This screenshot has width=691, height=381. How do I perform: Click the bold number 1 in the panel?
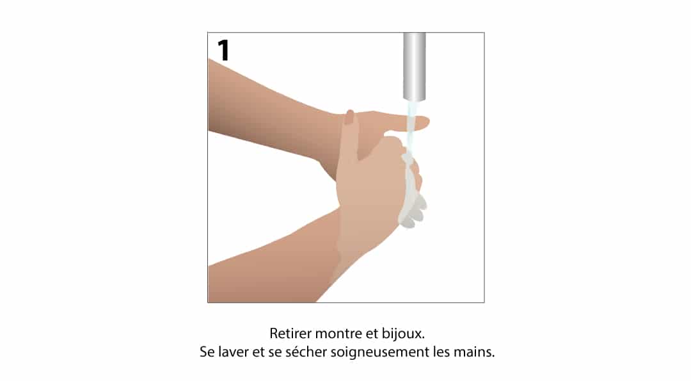[x=224, y=51]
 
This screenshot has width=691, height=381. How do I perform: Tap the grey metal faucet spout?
[x=414, y=66]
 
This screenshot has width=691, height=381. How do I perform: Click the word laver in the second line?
[x=234, y=352]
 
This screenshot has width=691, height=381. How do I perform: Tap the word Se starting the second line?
[x=207, y=352]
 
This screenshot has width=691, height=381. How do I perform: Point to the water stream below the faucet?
[x=411, y=128]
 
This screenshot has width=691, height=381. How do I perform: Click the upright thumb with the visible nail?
[x=351, y=133]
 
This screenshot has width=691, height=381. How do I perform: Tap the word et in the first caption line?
[x=371, y=334]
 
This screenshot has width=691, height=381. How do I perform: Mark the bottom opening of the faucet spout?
[x=414, y=99]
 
